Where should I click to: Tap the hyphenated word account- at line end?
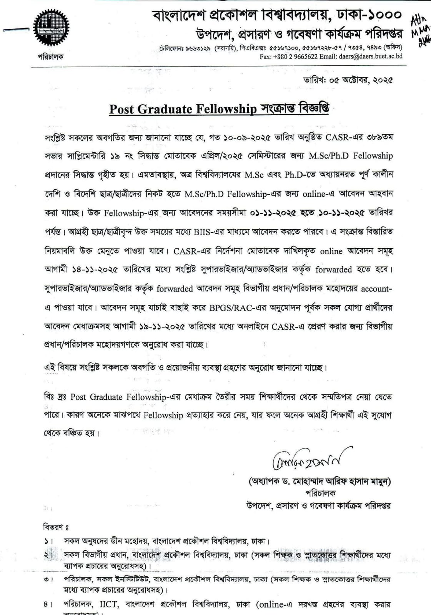[x=376, y=288]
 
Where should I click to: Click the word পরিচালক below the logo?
[x=50, y=57]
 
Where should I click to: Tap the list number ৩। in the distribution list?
[x=48, y=579]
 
